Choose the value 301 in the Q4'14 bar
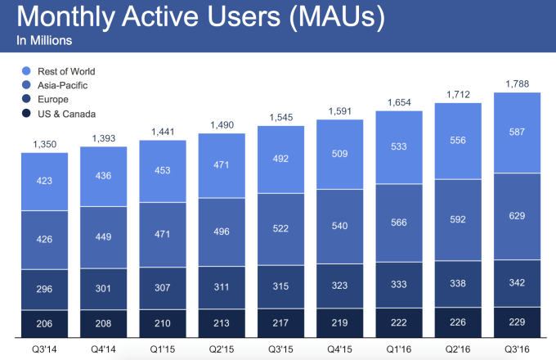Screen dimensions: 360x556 (x=103, y=288)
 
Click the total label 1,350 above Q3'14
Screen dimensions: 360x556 (x=44, y=145)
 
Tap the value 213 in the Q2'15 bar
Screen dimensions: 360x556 (x=222, y=322)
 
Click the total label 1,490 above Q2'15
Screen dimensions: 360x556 (x=222, y=125)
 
